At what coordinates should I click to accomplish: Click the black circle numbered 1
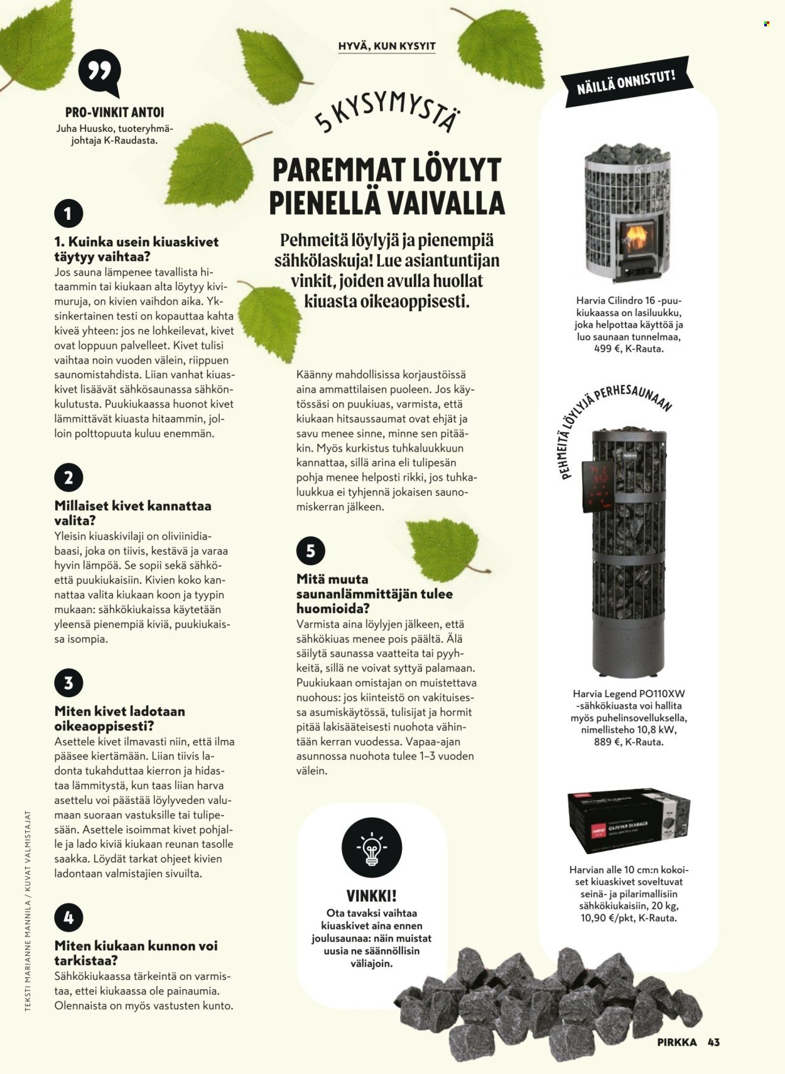pos(68,214)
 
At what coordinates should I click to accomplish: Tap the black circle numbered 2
pos(68,477)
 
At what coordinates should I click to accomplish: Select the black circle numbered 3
pos(68,683)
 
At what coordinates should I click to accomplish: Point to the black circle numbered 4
pos(68,918)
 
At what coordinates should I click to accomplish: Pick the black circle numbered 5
pos(310,551)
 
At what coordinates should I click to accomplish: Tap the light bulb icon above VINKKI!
pos(371,847)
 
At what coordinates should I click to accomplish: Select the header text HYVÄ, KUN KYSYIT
pos(387,46)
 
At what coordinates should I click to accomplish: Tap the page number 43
pos(713,1042)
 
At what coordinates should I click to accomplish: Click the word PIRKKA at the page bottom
pos(677,1042)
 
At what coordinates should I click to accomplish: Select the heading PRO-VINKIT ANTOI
pos(114,112)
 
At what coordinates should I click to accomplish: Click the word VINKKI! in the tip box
pos(371,896)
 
